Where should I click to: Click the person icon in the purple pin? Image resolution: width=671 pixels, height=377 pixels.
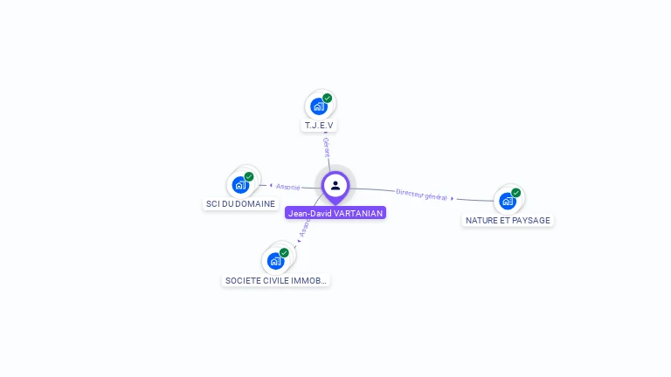click(x=335, y=185)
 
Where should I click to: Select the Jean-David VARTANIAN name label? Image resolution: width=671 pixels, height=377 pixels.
click(x=335, y=213)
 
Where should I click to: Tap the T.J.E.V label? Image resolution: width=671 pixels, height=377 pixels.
click(x=319, y=126)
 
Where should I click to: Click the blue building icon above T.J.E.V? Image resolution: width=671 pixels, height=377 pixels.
click(x=318, y=106)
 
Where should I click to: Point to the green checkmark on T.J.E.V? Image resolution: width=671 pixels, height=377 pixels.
click(x=327, y=99)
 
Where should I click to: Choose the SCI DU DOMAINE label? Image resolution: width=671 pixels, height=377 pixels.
click(x=240, y=204)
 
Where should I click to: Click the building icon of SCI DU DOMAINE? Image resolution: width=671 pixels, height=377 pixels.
click(x=240, y=185)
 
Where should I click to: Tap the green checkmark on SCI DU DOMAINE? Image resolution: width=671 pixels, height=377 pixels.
click(x=249, y=177)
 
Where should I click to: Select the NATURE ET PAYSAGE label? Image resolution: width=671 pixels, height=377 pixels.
click(x=508, y=221)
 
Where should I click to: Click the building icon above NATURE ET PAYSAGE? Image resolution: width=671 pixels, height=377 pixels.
click(x=507, y=202)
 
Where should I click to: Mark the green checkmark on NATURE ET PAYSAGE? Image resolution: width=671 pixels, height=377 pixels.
click(x=515, y=193)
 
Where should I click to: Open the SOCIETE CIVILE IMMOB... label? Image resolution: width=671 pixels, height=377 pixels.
click(x=276, y=281)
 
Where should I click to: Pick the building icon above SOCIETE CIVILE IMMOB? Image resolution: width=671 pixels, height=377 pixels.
click(x=275, y=261)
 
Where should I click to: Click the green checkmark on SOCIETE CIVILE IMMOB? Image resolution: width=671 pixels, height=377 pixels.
click(x=284, y=253)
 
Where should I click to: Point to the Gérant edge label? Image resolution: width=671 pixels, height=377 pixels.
click(x=326, y=146)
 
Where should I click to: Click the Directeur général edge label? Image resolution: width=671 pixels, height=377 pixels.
click(x=421, y=194)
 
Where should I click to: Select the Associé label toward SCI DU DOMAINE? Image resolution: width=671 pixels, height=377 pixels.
click(x=288, y=187)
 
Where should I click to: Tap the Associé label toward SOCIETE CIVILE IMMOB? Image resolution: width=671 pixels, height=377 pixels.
click(x=305, y=228)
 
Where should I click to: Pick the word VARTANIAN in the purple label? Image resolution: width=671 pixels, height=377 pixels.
click(x=358, y=213)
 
